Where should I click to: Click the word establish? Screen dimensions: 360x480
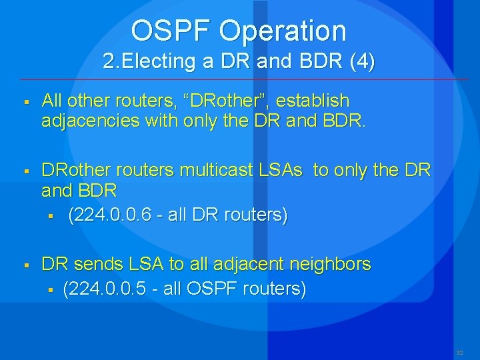pos(313,101)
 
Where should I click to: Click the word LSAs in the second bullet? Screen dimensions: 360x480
pos(282,171)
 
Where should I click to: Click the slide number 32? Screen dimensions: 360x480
pos(459,352)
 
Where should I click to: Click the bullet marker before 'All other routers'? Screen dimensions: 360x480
pos(23,102)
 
